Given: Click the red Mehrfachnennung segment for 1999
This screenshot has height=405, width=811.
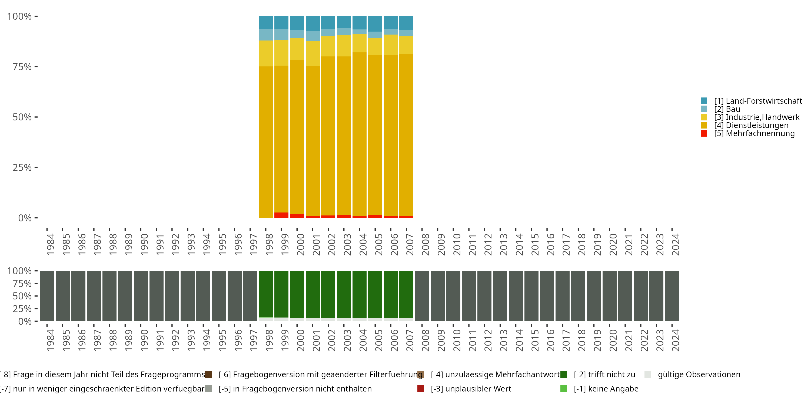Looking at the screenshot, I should point(281,215).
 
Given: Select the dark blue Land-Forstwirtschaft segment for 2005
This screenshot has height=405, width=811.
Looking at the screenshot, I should point(375,23).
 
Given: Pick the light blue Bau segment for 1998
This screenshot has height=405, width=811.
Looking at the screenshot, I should point(266,35).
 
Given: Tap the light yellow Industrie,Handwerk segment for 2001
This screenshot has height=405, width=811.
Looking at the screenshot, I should point(313,53).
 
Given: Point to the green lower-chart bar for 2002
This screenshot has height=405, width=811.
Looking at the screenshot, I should point(328,294).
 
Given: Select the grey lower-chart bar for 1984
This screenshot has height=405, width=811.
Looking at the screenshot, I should point(47,296).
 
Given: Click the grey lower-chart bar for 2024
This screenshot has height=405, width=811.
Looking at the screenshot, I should point(672,296).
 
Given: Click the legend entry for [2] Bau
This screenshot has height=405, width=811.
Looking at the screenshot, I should point(727,109).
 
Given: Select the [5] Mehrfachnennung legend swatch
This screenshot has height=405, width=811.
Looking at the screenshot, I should point(704,133).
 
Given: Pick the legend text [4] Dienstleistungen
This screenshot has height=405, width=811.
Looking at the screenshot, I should point(751,125).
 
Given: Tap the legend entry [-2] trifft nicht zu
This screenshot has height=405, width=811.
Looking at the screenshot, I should point(604,374).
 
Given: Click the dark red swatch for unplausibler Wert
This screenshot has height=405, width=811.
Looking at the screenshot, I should point(421,389).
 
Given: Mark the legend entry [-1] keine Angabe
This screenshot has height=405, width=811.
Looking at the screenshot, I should point(606,389).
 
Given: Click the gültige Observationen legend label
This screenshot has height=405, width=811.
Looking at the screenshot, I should point(699,374).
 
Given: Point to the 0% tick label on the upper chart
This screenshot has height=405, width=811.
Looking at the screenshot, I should point(25,218).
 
